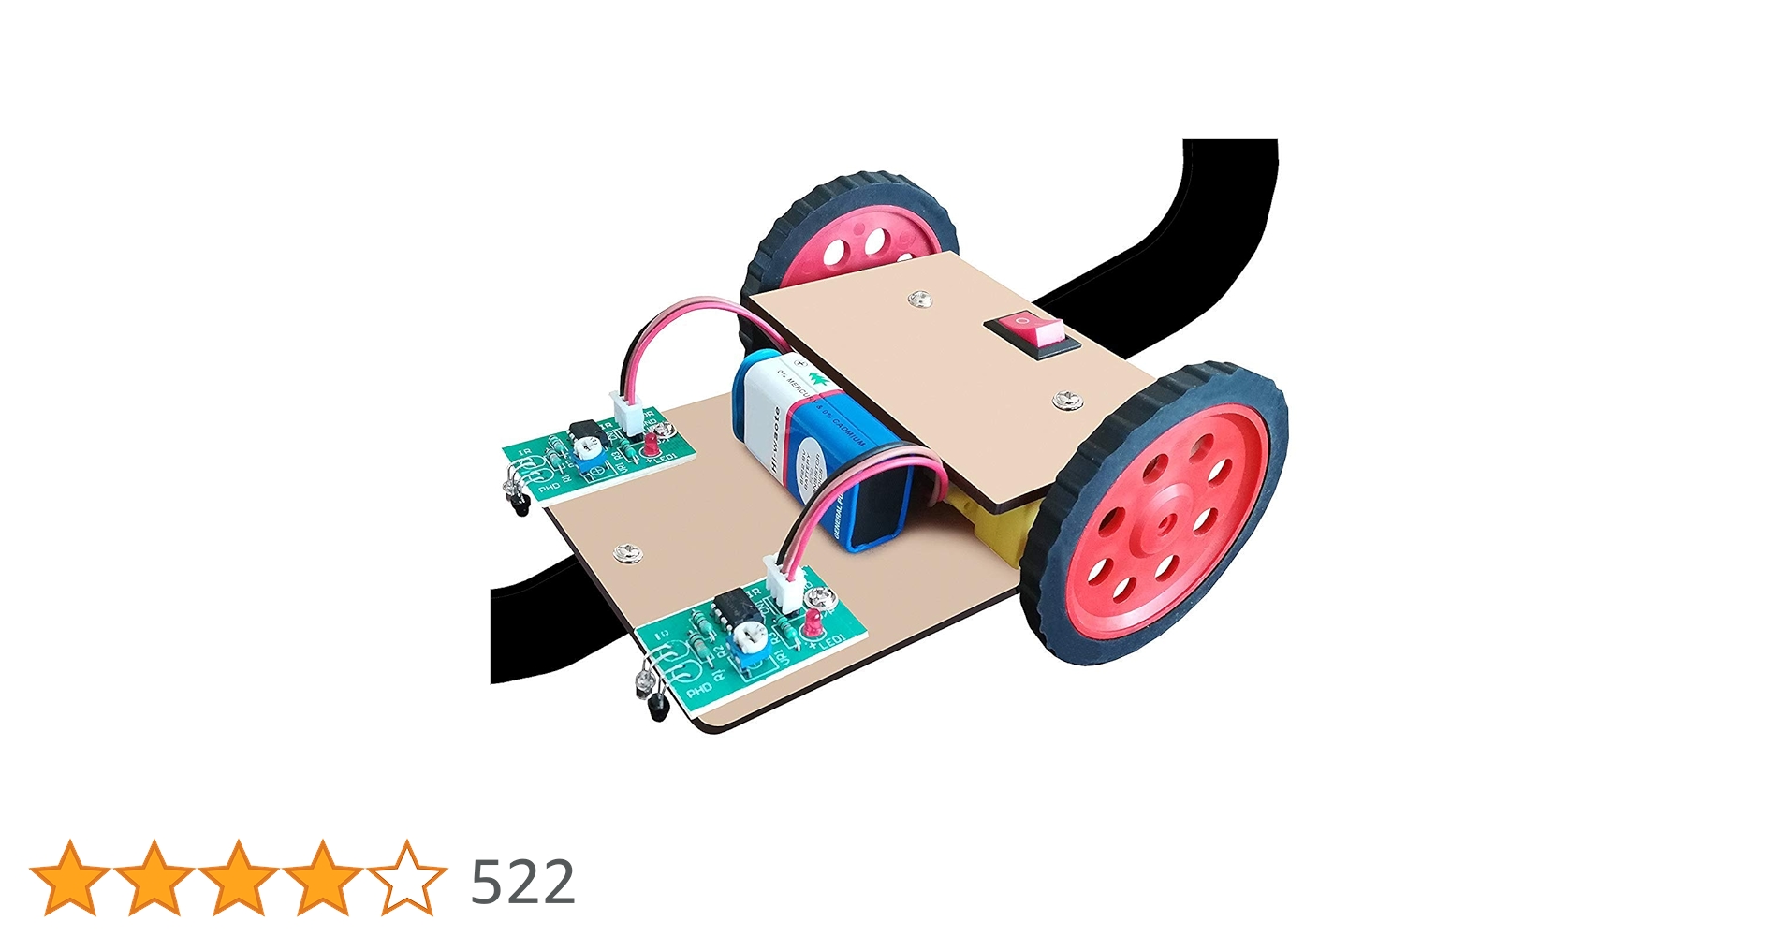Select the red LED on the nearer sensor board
[812, 622]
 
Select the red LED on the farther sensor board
[648, 442]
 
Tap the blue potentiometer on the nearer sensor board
[749, 645]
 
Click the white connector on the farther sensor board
[624, 410]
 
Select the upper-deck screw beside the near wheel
[1065, 402]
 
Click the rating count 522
[521, 882]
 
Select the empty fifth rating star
[407, 878]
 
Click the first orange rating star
[70, 878]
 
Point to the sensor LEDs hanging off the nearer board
[652, 693]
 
